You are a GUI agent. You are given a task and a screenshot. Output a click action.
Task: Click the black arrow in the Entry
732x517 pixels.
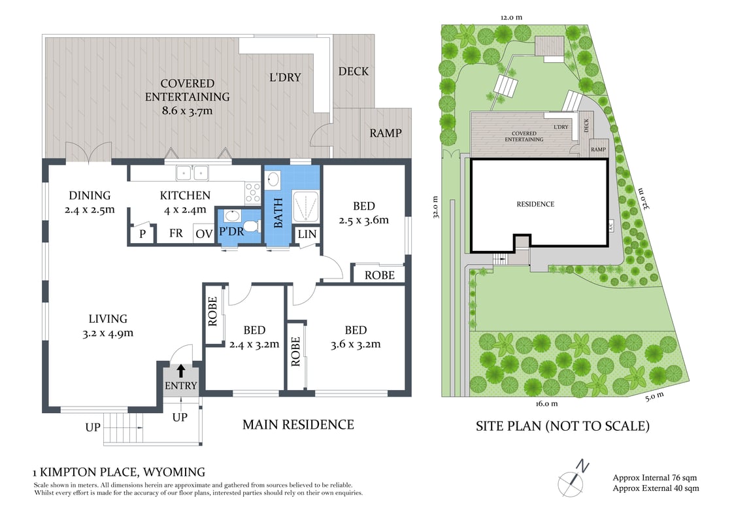pos(180,371)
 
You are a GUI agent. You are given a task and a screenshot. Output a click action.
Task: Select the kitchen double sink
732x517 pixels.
pos(192,173)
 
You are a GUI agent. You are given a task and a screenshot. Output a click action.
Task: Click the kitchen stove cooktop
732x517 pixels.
pos(252,193)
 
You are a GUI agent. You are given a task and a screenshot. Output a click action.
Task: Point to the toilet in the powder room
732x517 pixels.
pos(251,226)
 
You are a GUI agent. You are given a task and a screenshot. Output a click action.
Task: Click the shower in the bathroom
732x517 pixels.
pos(306,205)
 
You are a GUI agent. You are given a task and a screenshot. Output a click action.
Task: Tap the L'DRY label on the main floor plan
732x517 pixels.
pos(285,78)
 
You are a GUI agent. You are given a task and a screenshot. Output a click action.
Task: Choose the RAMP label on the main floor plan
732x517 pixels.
pos(385,133)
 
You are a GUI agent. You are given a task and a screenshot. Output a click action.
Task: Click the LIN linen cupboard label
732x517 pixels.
pos(307,234)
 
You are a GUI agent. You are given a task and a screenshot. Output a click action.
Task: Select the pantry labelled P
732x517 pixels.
pos(143,233)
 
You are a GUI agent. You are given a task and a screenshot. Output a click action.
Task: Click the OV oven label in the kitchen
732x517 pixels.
pos(204,234)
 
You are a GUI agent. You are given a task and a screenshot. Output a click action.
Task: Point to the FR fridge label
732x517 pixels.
pos(176,233)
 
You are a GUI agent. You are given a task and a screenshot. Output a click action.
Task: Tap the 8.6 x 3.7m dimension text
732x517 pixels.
pos(187,110)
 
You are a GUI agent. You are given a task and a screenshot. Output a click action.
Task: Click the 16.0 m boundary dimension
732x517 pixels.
pos(546,403)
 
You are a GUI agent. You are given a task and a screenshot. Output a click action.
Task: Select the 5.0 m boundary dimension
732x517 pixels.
pos(654,397)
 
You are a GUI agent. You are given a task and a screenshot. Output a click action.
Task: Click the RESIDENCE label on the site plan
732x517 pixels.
pos(535,204)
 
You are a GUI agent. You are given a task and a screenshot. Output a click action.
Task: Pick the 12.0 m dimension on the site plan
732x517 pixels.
pos(511,17)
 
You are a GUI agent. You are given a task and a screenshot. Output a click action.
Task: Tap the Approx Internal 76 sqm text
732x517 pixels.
pos(654,477)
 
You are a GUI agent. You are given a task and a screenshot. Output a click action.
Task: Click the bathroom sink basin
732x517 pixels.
pos(272,179)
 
